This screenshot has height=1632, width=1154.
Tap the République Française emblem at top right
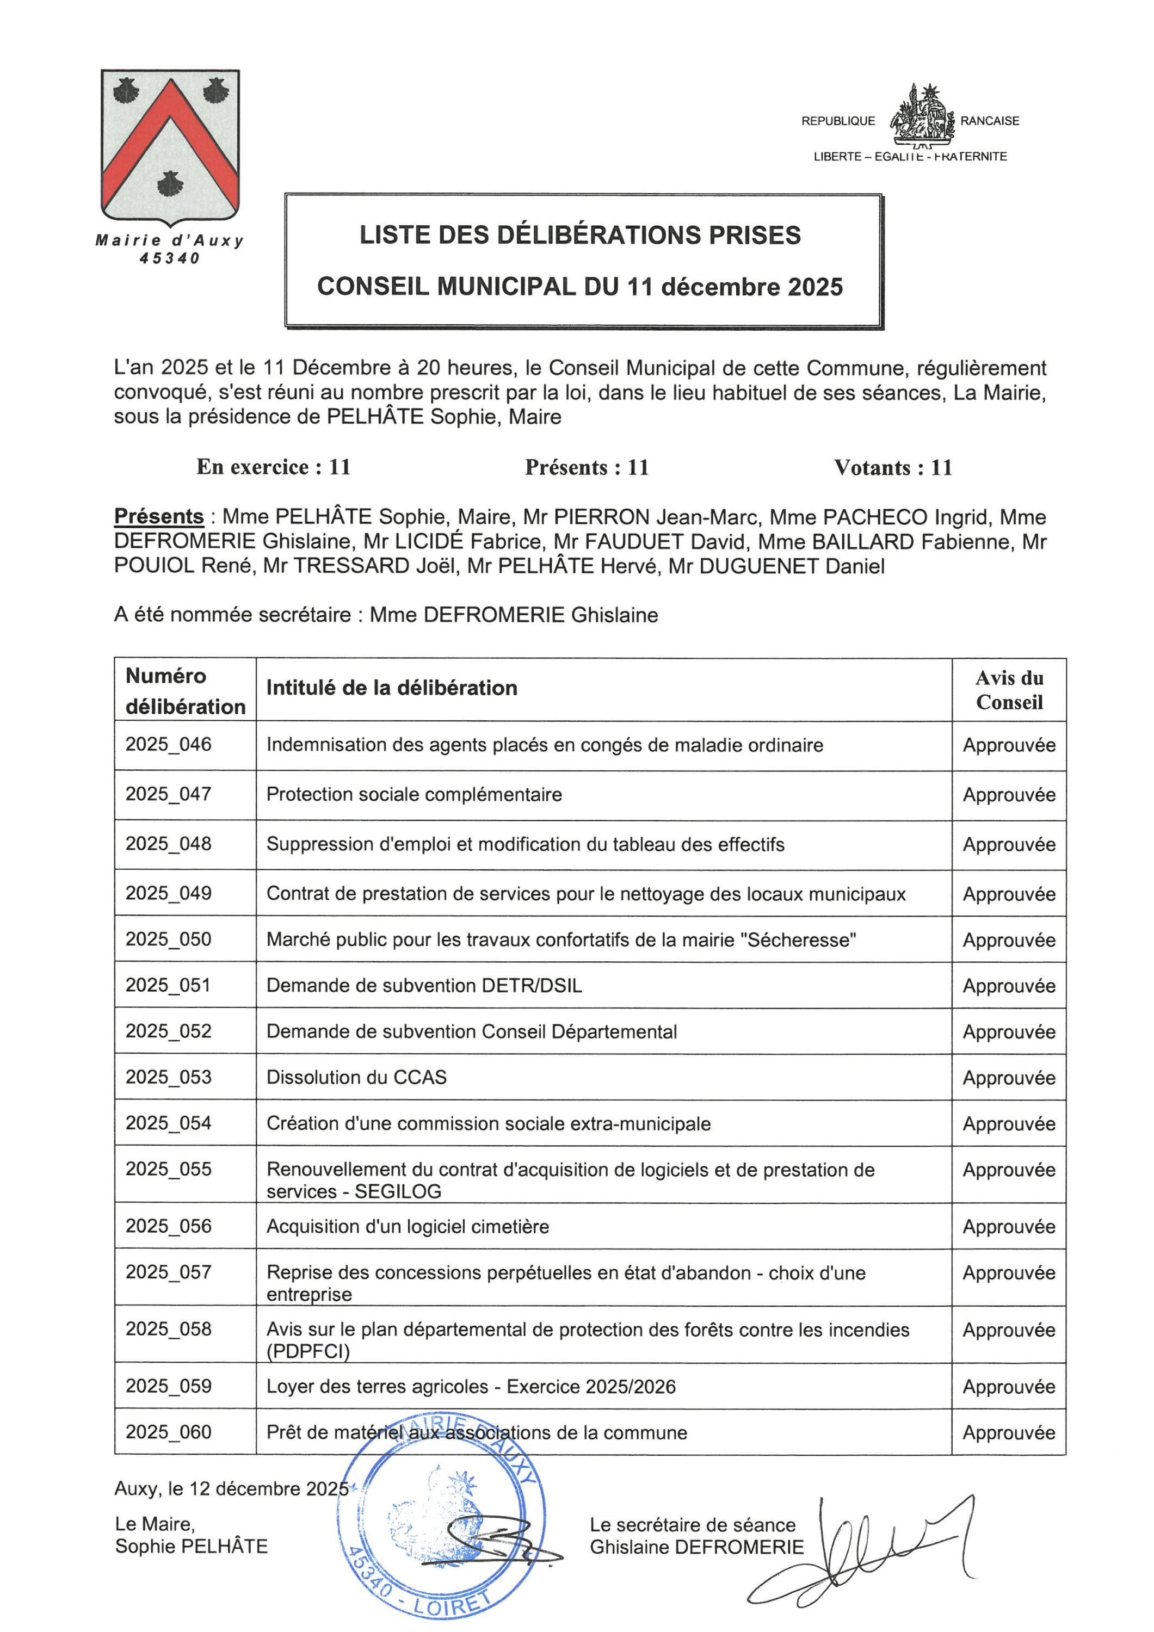pos(918,114)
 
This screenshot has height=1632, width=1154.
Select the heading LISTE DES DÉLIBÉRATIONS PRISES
pos(579,235)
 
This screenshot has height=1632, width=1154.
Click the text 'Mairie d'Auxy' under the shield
pos(170,241)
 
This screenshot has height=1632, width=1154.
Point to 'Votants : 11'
pos(892,468)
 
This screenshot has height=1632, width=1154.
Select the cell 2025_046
pos(169,744)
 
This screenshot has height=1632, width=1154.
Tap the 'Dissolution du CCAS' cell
pos(356,1078)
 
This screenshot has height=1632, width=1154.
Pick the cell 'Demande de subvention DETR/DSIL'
pos(424,986)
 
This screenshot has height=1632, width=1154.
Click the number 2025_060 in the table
pos(169,1432)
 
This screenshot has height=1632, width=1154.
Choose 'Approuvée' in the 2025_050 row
pos(1009,941)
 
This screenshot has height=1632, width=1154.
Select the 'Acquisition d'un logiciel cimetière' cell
pos(408,1227)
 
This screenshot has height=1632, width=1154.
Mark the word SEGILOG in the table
pos(398,1192)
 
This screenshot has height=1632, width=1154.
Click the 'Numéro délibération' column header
pos(185,690)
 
